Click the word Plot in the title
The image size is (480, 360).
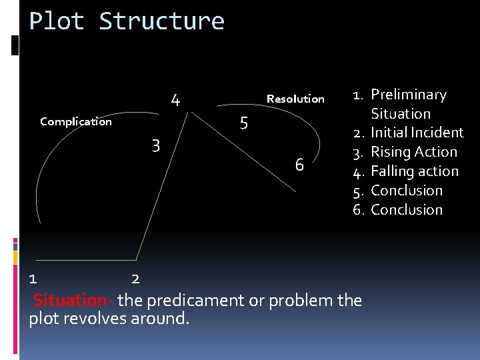tap(57, 21)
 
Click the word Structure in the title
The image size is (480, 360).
tap(161, 21)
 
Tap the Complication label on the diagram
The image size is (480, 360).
tap(76, 121)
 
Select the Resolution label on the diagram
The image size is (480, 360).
tap(295, 99)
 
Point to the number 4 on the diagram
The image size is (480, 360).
tap(175, 101)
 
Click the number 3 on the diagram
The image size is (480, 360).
tap(155, 145)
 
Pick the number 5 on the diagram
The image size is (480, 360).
tap(243, 123)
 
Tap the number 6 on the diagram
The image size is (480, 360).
tap(299, 165)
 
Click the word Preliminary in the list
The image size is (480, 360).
tap(408, 95)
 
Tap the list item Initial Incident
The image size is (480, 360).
tap(417, 133)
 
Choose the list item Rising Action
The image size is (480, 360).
tap(414, 152)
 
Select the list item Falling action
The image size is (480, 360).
tap(415, 171)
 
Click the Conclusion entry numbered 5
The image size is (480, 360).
tap(407, 191)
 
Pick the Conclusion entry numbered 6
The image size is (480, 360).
tap(407, 210)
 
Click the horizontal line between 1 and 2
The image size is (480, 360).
tap(87, 259)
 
